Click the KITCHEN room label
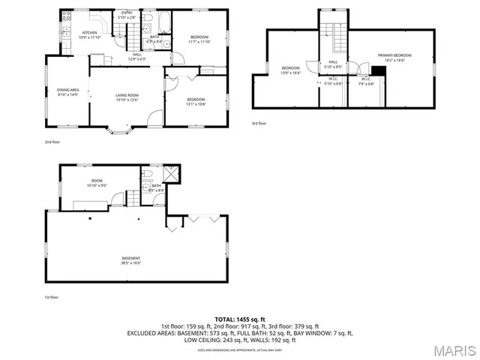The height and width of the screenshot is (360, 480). coord(90,32)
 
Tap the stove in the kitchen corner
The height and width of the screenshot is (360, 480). coord(65,16)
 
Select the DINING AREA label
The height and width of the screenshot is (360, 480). coord(68,90)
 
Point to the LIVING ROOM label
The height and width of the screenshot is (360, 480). coord(127,95)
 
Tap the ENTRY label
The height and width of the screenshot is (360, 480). coord(127,13)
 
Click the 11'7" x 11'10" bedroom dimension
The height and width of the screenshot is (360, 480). coord(199,42)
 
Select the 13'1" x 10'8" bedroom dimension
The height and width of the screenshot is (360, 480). coord(196,103)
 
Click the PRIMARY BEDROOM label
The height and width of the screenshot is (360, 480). coord(394,55)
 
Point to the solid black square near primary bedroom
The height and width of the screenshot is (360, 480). coord(378,72)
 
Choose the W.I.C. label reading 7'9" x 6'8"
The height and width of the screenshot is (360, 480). coord(365,83)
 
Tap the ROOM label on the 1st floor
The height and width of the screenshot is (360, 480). coord(97,181)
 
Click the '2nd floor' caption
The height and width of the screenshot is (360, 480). coord(52,140)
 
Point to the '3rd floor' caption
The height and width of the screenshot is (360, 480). coord(259,124)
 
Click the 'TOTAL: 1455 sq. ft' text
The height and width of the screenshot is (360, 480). coord(240,319)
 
